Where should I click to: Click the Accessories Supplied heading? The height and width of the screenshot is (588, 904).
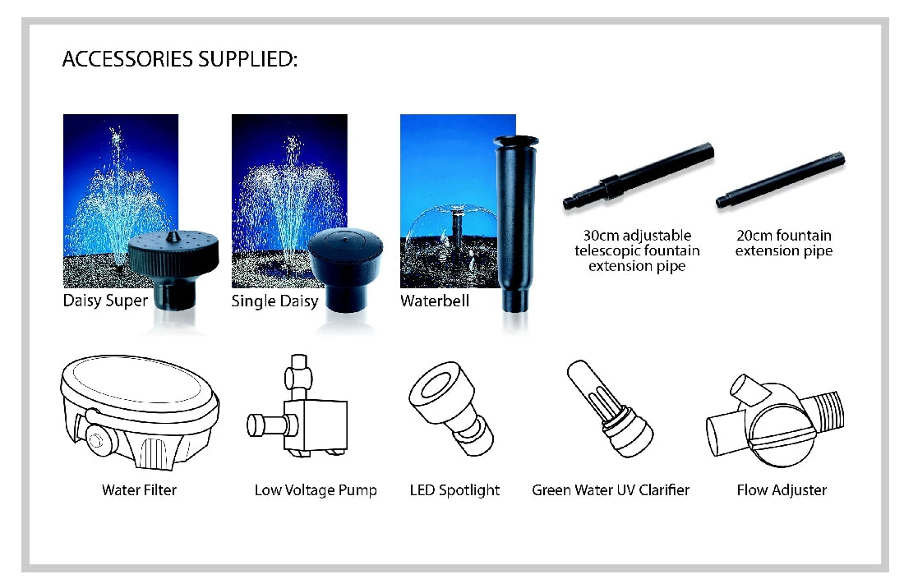pos(180,59)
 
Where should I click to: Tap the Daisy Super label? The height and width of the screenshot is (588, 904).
pos(105,301)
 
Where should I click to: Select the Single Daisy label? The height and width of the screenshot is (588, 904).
pos(274,301)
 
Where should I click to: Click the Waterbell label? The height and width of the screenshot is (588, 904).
pos(435,301)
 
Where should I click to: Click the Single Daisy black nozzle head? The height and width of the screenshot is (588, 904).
pos(345,266)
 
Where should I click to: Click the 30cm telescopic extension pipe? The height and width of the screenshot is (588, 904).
pos(639,176)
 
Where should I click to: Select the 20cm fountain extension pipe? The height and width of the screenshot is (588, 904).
pos(781,180)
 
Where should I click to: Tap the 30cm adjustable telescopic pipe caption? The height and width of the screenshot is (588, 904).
pos(637,250)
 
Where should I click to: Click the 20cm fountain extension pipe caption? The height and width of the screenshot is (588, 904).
pos(783,243)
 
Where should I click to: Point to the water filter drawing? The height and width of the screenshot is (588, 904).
pos(140,412)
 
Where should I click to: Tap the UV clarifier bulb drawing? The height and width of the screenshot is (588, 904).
pos(610,409)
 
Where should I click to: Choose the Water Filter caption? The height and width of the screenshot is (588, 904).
pos(139,490)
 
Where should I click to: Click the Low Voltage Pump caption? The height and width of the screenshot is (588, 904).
pos(316,490)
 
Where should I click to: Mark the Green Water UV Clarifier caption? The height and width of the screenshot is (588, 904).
pos(611,490)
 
